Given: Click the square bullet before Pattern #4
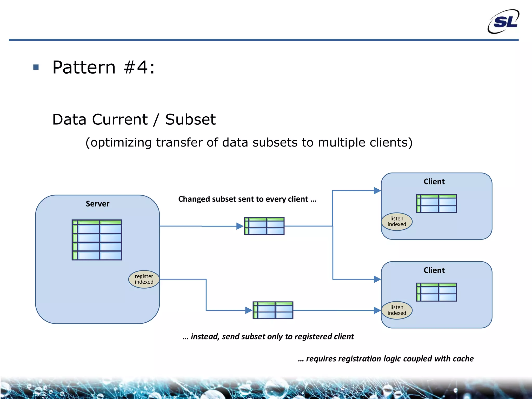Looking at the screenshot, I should (36, 67).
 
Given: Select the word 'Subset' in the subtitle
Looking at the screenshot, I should (190, 119).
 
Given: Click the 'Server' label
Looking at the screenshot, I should (97, 204).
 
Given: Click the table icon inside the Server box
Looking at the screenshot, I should (97, 240).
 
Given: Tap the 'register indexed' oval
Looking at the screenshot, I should (144, 279).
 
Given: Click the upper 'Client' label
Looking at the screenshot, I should (434, 182).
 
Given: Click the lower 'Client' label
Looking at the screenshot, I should (434, 270).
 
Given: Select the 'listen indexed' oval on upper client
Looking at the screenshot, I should (397, 222).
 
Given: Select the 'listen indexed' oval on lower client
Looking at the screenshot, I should (397, 310).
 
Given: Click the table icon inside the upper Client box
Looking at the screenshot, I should (436, 203).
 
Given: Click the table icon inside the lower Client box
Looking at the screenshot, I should (436, 292).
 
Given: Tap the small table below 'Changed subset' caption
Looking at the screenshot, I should (264, 226).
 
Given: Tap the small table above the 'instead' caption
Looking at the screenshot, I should (273, 310).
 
